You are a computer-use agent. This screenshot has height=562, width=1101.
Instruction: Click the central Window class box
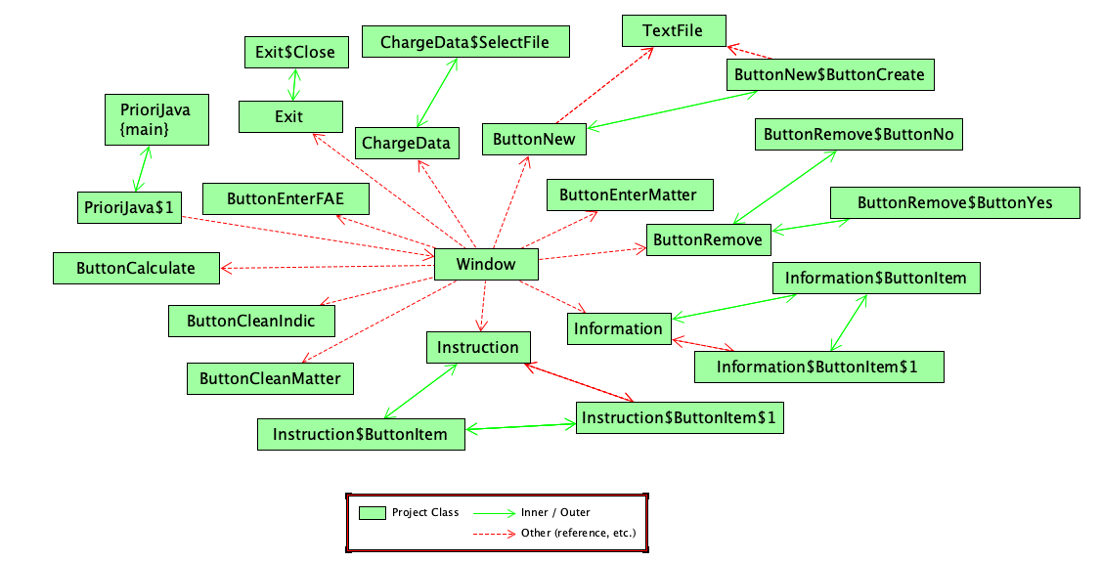pos(486,264)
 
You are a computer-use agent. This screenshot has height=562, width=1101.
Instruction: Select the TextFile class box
pos(674,30)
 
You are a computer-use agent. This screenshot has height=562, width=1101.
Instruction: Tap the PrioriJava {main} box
pos(156,119)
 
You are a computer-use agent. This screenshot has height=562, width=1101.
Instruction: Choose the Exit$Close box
pos(295,53)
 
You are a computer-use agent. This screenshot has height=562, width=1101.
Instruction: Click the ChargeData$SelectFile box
pos(464,42)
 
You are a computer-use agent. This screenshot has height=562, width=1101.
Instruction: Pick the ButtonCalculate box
pos(136,268)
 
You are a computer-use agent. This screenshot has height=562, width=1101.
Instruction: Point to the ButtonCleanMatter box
pos(270,378)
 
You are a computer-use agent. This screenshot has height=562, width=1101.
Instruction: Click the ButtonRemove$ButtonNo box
pos(859,134)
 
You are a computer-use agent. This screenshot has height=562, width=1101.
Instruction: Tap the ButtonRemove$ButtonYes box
pos(954,202)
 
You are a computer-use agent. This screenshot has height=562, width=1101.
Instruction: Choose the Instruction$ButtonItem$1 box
pos(680,417)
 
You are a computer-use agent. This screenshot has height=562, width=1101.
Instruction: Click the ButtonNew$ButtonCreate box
pos(828,74)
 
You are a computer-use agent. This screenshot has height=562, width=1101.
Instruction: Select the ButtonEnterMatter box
pos(628,195)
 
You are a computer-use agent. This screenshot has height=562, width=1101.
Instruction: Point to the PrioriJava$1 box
pos(129,207)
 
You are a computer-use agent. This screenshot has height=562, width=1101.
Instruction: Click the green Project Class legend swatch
pos(372,513)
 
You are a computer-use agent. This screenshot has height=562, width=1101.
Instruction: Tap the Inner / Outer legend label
pos(555,512)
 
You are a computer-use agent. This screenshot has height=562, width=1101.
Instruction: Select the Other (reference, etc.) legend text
pos(578,533)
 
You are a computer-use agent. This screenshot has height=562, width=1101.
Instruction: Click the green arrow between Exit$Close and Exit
pos(291,85)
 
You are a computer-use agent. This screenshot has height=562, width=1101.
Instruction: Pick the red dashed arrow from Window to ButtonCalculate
pos(328,265)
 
